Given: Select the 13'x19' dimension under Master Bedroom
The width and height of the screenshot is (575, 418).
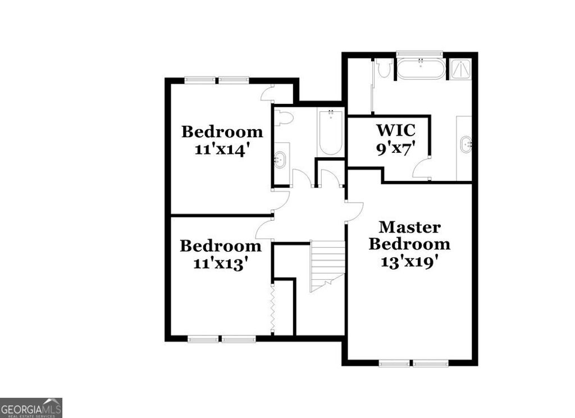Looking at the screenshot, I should [x=409, y=262].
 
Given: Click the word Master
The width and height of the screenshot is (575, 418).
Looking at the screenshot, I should [x=409, y=227].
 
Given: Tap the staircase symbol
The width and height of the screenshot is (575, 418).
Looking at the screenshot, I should [x=327, y=264].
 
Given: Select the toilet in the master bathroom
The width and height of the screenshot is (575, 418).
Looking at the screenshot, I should [x=385, y=69].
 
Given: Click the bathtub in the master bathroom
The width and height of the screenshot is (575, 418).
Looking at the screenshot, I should [x=421, y=69].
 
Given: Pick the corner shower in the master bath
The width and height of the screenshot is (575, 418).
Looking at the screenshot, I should [x=462, y=69].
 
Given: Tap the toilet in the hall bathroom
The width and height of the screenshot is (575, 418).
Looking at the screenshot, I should [x=284, y=118].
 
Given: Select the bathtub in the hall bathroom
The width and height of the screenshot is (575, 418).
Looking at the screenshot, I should [x=331, y=133].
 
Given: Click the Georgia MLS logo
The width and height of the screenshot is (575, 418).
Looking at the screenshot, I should [x=31, y=407].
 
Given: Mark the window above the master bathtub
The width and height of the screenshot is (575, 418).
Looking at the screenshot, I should [x=419, y=54].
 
